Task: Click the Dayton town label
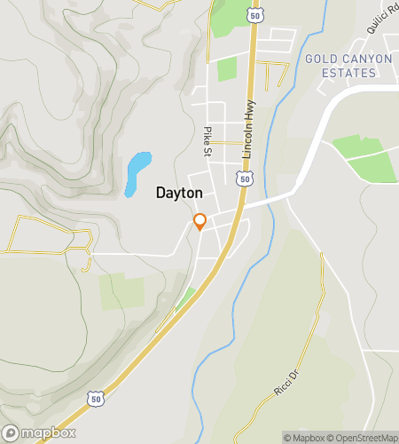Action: (x=179, y=192)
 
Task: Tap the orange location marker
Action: (x=199, y=221)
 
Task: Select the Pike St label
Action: (x=208, y=139)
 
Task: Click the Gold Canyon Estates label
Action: (x=348, y=65)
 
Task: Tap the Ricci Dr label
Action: (x=286, y=385)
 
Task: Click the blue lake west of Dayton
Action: (x=137, y=170)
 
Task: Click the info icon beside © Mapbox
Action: (x=288, y=437)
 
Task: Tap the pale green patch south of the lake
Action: (x=121, y=291)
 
